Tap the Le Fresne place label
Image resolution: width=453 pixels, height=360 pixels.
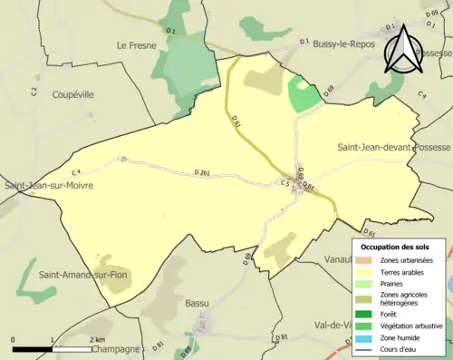[133, 44]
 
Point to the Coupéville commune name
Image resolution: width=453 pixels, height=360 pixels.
[55, 93]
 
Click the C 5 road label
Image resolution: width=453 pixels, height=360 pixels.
[284, 183]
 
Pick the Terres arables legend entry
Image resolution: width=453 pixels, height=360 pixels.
[404, 271]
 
